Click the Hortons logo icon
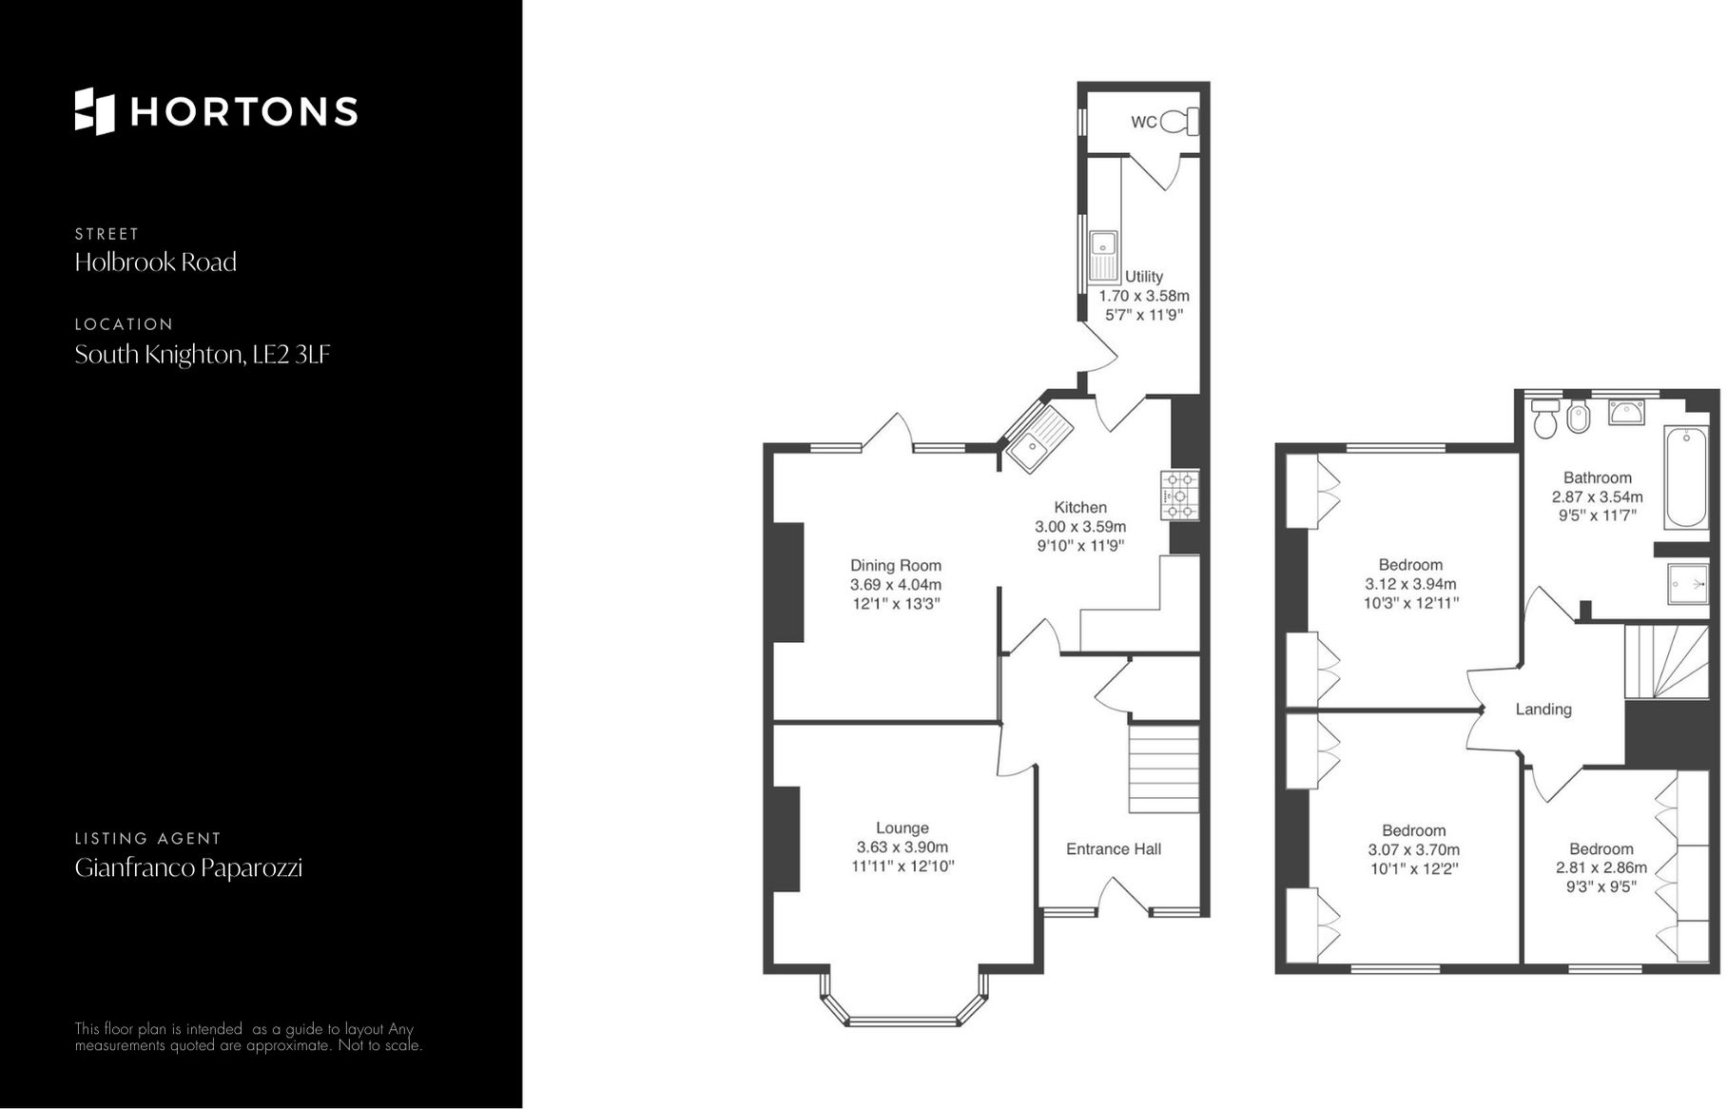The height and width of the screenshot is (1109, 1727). coord(94,111)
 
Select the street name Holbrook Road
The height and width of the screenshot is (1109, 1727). coord(155,263)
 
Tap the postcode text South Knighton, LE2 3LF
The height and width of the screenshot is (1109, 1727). coord(202,355)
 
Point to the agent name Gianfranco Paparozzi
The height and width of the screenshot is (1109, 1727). coord(188,867)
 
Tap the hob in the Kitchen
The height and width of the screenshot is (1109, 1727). coord(1179,495)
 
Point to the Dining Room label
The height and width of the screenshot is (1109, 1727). coord(895,565)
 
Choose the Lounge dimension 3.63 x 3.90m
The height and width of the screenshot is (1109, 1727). coord(902,847)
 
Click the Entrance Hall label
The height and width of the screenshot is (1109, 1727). coord(1113,849)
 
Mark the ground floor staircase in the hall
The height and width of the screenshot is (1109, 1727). coord(1163,768)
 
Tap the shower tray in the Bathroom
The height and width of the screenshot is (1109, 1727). coord(1688,583)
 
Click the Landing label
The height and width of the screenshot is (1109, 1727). coord(1543,710)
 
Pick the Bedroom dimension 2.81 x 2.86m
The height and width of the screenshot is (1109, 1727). coord(1601,868)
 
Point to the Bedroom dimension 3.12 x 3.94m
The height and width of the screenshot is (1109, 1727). coord(1410,584)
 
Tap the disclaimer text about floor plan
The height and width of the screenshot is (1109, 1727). coord(247,1037)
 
